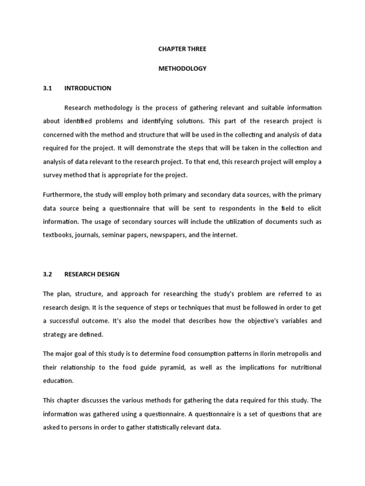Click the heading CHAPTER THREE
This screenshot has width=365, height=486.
182,49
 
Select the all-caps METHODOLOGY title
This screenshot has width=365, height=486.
182,68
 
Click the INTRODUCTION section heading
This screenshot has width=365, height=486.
88,88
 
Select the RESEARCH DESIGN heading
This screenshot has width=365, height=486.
92,274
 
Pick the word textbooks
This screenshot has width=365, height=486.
57,235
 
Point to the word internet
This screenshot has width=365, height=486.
224,235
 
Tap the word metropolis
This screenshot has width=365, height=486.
291,354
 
